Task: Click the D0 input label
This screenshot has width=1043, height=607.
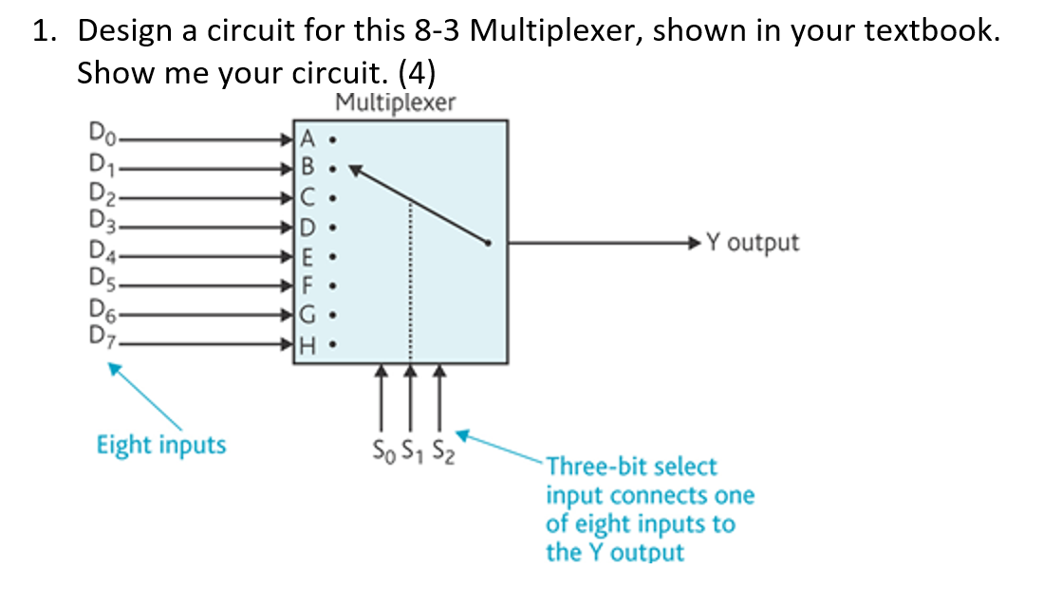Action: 101,138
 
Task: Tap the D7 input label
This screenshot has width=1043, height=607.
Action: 101,336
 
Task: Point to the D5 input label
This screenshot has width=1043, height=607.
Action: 101,280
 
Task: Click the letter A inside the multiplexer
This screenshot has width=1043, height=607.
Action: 307,139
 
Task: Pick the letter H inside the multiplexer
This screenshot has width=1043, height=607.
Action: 307,348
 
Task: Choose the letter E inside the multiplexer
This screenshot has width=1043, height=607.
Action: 306,259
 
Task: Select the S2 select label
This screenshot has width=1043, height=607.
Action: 439,446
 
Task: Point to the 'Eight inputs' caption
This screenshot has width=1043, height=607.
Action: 161,444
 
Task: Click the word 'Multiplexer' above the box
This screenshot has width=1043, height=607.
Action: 396,101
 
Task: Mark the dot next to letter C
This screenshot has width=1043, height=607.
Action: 330,200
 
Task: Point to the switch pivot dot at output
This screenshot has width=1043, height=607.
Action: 489,244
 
